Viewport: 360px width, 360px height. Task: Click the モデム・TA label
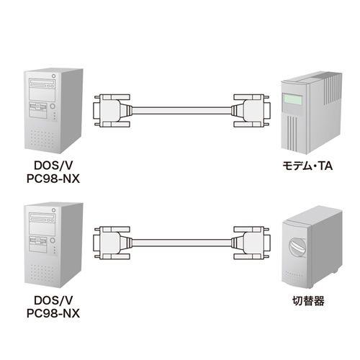(307, 166)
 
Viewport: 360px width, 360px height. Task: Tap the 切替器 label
(308, 301)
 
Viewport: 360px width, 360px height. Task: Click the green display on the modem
(292, 99)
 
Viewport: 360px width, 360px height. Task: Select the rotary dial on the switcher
(297, 246)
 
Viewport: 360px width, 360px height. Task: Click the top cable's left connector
(112, 111)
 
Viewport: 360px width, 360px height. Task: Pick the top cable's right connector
(251, 111)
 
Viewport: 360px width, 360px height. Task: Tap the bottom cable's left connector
(112, 243)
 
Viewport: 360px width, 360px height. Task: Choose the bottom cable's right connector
(251, 243)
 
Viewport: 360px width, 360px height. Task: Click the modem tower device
(312, 112)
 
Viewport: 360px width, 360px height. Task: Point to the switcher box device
(312, 247)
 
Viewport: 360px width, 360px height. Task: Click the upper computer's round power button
(53, 106)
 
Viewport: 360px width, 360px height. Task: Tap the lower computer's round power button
(53, 240)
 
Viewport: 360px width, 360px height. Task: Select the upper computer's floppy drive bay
(38, 110)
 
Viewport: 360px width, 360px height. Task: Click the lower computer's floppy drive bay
(38, 244)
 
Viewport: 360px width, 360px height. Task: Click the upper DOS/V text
(53, 166)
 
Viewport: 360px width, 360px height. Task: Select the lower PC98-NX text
(53, 313)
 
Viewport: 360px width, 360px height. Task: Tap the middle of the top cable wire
(181, 111)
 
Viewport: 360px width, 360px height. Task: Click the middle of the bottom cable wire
(181, 243)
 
